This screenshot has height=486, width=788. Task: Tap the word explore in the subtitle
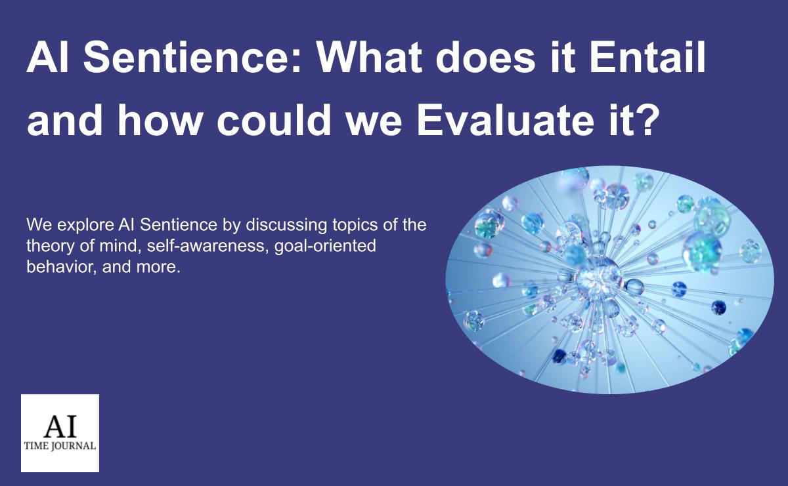click(x=83, y=226)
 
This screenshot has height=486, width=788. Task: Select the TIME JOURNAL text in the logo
click(x=60, y=446)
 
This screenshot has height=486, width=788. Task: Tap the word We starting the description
click(x=37, y=226)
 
